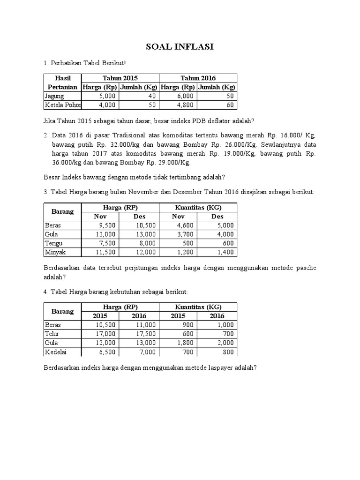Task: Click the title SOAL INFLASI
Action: [180, 47]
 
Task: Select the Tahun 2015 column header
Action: [120, 78]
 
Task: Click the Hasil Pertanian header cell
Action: [62, 82]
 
